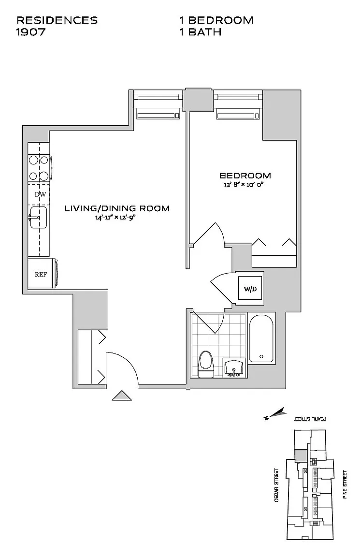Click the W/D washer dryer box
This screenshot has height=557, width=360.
250,290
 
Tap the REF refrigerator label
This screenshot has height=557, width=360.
41,275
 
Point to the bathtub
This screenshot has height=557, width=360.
261,338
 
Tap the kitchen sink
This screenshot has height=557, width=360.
38,218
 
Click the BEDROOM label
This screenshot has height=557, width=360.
245,176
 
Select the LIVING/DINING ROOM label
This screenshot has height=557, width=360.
117,208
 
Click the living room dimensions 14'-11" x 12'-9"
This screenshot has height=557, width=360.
116,218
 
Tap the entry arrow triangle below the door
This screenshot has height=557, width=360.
122,396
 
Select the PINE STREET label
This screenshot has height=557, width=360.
345,484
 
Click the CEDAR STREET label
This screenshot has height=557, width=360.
277,484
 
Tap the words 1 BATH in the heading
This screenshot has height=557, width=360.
200,32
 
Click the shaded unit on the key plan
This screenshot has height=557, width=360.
301,455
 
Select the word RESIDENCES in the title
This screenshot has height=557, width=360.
57,20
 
